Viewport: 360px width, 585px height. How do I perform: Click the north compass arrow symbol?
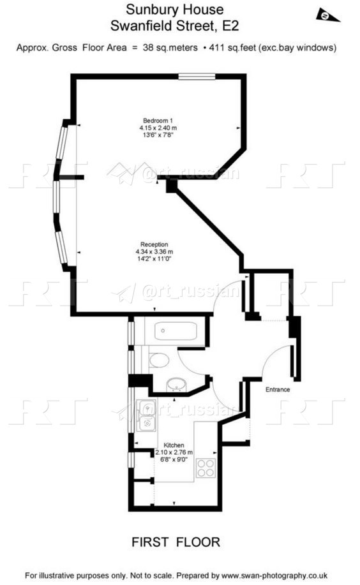coord(328,15)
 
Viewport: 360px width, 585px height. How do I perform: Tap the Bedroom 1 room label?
coord(158,121)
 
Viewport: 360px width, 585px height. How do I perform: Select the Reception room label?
coord(154,244)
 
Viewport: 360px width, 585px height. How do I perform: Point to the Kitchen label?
coord(174,445)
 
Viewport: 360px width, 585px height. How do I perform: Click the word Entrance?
coord(278,390)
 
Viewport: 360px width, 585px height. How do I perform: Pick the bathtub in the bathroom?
coord(176,331)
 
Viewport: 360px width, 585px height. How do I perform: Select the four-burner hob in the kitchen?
coord(206,468)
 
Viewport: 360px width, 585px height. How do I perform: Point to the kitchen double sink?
coord(146,415)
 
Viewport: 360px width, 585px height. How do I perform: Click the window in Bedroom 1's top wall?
coord(197,77)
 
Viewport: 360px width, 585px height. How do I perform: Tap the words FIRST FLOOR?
coord(176,542)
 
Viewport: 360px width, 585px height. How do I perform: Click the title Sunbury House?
coord(175,10)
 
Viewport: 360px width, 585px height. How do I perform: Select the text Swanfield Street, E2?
coord(174,26)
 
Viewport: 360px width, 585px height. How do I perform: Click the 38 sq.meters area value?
coord(170,48)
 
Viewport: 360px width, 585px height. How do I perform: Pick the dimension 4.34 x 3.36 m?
coord(154,252)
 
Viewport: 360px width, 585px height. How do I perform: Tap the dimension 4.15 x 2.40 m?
coord(158,128)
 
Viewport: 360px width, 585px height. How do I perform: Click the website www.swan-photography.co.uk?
coord(274,575)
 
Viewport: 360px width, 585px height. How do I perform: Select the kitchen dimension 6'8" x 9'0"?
coord(174,459)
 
